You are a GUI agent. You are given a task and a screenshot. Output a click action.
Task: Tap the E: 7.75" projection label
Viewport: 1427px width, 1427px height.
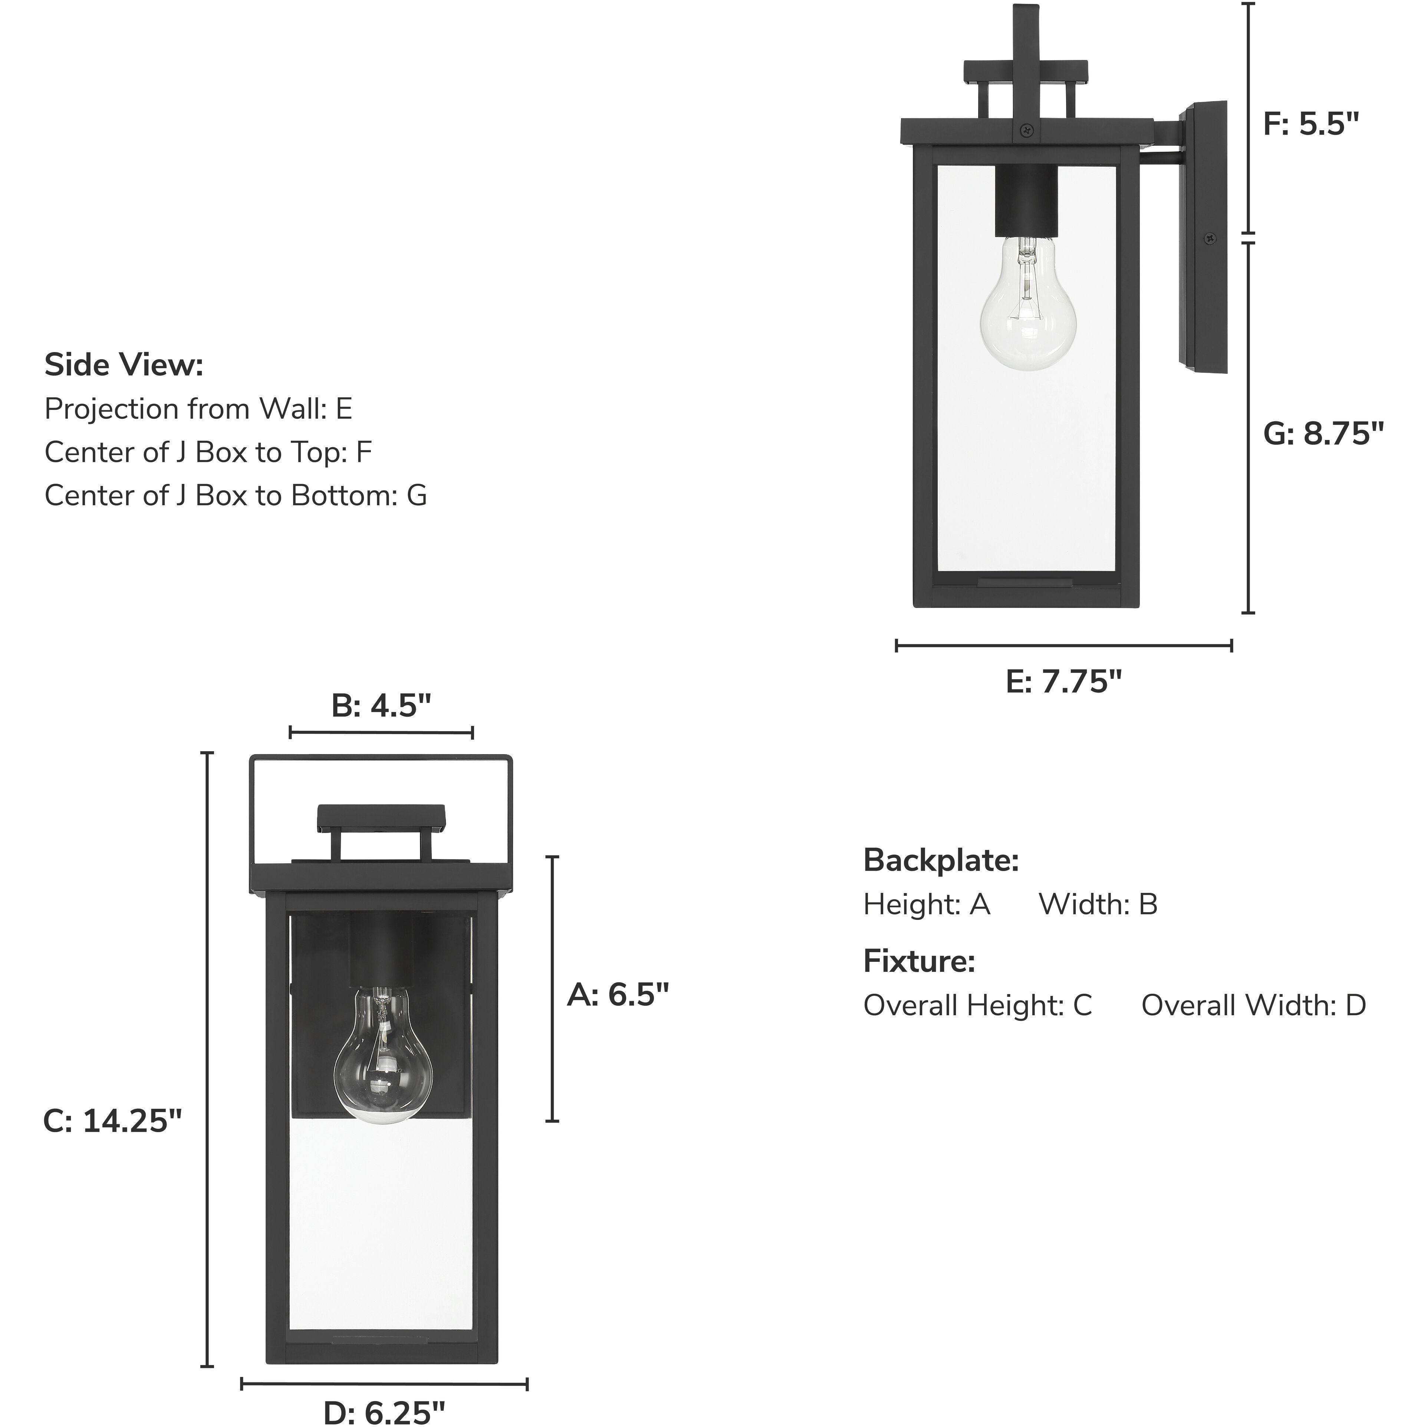(x=1063, y=681)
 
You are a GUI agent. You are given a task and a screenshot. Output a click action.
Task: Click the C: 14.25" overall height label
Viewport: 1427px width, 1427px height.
(x=112, y=1121)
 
